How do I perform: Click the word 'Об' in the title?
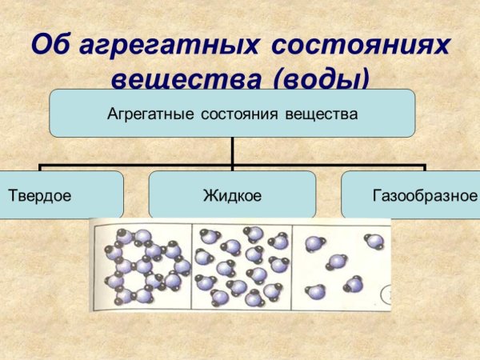click(x=50, y=44)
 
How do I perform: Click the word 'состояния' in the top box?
click(x=238, y=113)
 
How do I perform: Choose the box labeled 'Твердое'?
click(x=60, y=194)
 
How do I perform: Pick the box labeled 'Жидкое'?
click(x=232, y=194)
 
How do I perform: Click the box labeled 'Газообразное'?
click(x=410, y=194)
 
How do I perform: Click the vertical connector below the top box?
click(x=233, y=151)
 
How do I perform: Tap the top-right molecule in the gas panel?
click(x=374, y=241)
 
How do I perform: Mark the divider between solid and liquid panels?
click(x=192, y=266)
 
